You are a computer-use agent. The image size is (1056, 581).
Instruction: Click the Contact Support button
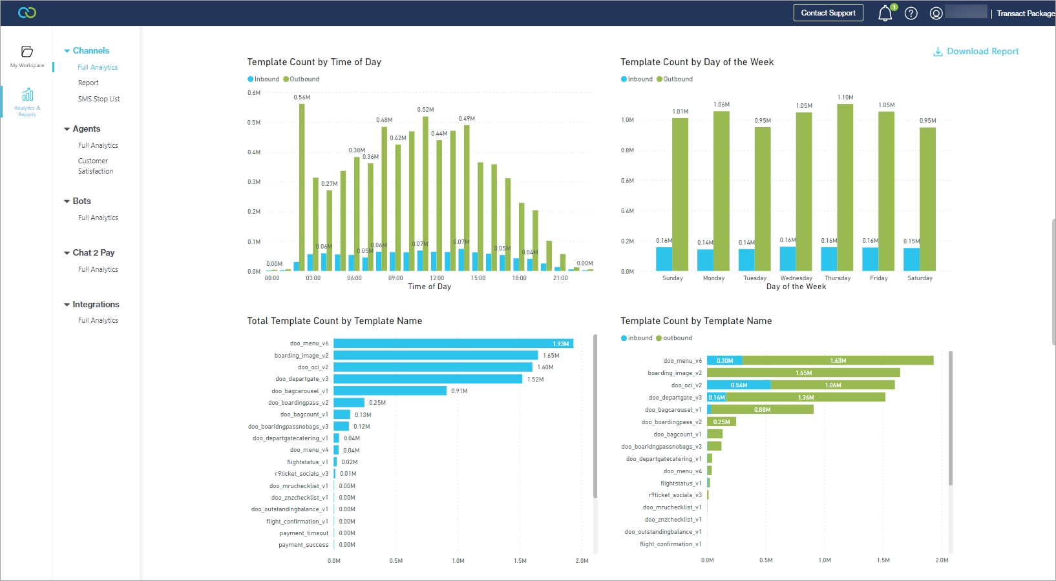(828, 13)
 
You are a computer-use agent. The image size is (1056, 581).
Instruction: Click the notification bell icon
(885, 14)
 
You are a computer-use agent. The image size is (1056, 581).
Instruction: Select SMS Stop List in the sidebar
(99, 99)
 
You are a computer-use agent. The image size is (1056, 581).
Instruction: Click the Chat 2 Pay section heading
(93, 253)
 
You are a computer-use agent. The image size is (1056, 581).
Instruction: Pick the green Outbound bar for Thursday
(845, 187)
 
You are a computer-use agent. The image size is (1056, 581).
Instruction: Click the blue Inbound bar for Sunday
(664, 259)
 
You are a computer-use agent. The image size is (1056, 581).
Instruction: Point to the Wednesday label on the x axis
(796, 278)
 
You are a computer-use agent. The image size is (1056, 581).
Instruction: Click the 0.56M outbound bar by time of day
(302, 187)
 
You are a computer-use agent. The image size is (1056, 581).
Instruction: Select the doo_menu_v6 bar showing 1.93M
(452, 343)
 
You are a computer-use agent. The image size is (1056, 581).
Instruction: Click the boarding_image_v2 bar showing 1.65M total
(436, 356)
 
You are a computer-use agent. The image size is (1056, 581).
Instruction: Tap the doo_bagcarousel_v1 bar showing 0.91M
(390, 391)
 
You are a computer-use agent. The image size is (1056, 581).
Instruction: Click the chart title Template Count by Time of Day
(314, 63)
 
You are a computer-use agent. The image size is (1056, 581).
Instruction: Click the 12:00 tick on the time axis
(437, 278)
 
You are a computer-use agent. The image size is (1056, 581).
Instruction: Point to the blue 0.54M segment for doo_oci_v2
(739, 385)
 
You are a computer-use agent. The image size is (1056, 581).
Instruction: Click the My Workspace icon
(27, 52)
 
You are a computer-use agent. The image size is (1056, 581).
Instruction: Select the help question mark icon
(911, 14)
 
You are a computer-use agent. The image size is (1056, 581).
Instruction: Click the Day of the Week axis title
(796, 287)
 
